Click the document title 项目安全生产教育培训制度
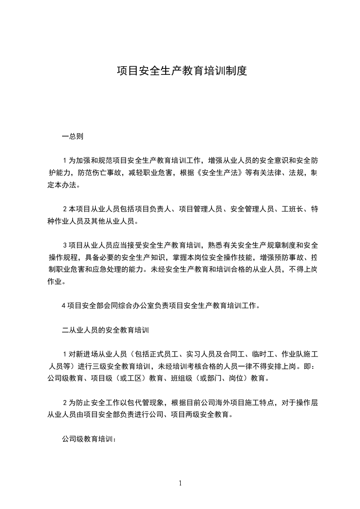tap(182, 71)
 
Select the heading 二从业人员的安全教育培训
tap(105, 330)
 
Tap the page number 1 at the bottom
tap(180, 483)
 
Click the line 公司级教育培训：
tap(89, 439)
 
